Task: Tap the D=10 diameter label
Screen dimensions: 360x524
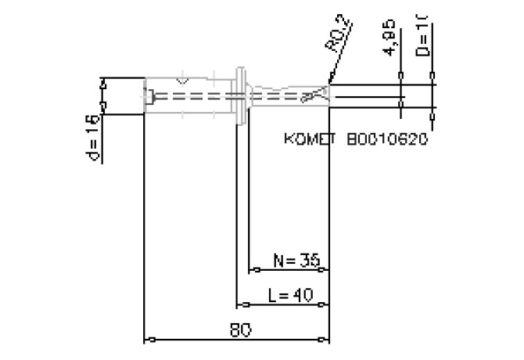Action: pos(422,34)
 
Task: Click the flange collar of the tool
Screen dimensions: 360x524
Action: pos(241,95)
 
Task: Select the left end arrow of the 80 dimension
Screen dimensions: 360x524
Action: pos(149,340)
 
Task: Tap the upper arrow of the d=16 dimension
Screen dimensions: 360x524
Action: pos(102,81)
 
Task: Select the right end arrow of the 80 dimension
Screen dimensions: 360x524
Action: pos(325,340)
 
